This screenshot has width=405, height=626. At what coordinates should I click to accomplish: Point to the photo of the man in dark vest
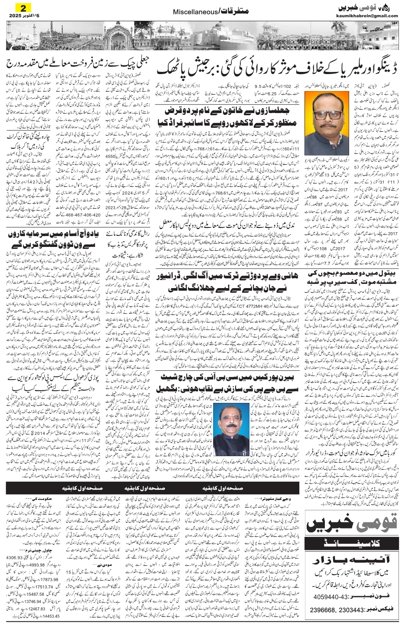229,420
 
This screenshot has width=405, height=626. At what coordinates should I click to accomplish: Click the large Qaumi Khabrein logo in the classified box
352,529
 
